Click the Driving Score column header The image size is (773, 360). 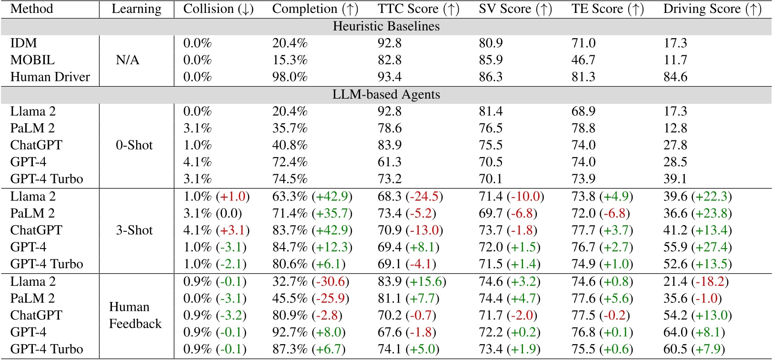tap(712, 9)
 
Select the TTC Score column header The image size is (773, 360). tap(418, 9)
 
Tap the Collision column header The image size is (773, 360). tap(218, 9)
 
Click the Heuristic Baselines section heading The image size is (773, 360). tap(386, 26)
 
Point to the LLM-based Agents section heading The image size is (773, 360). tap(386, 94)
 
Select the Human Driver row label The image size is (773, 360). tap(50, 77)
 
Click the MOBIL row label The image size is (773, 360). tap(32, 60)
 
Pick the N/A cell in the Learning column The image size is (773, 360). tap(128, 60)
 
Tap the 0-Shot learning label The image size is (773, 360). tap(134, 145)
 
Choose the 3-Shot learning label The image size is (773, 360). tap(134, 230)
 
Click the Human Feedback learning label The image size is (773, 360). tap(135, 315)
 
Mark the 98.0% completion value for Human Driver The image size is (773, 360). tap(290, 77)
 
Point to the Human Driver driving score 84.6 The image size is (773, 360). tap(675, 77)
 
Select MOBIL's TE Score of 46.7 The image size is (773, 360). tap(583, 60)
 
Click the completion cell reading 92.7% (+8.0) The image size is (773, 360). tap(309, 332)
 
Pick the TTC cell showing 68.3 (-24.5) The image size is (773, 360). tap(410, 197)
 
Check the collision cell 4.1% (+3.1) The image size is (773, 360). tap(216, 230)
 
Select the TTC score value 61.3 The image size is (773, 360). tap(390, 162)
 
